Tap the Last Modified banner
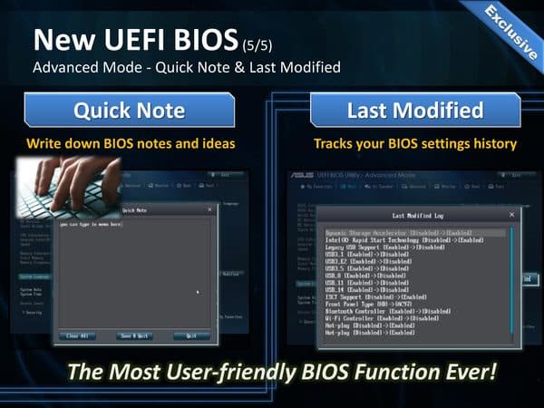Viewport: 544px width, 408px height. click(414, 112)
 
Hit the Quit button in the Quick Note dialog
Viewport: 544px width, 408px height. click(190, 335)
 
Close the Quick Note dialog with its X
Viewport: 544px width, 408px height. click(210, 210)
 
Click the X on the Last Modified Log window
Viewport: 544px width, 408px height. click(511, 215)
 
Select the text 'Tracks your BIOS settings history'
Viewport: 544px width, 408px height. click(414, 143)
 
